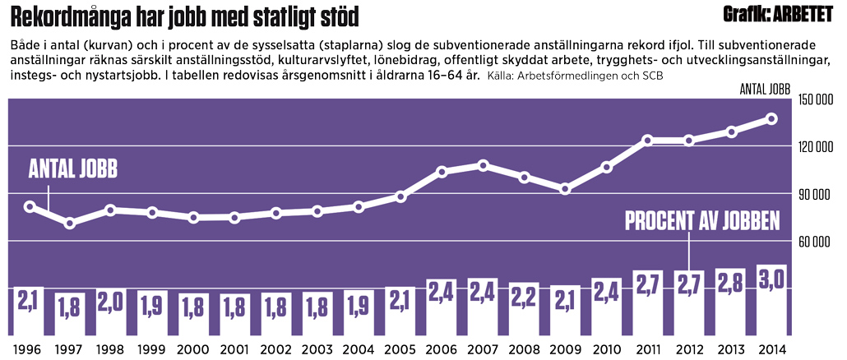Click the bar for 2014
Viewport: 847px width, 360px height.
point(771,300)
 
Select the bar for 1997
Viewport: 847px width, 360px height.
point(71,314)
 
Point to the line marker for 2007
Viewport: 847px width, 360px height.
point(483,165)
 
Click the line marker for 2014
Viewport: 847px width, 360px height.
point(771,118)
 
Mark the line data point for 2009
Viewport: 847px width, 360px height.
point(565,189)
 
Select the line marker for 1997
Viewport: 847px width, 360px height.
point(71,223)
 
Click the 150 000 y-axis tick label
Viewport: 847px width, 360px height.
point(814,100)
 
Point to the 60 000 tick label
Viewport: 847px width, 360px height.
point(814,242)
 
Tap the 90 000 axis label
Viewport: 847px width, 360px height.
point(814,195)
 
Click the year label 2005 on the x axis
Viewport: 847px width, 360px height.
point(400,349)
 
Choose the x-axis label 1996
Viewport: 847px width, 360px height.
point(30,349)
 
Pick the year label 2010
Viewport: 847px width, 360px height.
point(606,349)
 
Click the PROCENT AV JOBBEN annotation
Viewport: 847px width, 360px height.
point(701,221)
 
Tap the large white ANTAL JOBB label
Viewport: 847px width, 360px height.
point(73,169)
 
